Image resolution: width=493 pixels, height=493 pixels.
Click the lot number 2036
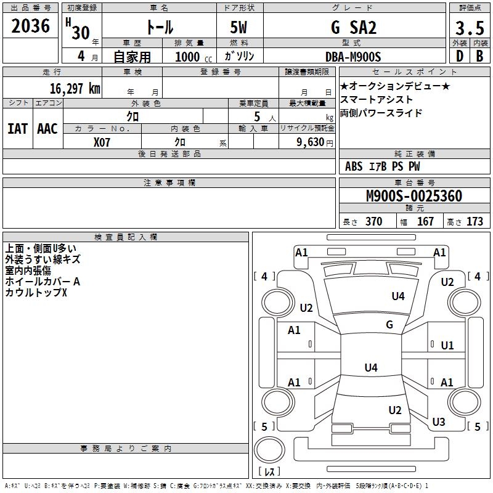coord(31,26)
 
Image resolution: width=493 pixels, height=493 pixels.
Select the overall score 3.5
coord(469,28)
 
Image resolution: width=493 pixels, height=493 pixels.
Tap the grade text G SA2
coord(354,28)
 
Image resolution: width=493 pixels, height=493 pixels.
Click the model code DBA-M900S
coord(354,57)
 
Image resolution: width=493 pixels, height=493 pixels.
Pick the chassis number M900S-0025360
coord(414,197)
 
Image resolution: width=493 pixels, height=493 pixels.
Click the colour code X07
coord(102,142)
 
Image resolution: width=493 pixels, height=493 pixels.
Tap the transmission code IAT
coord(17,129)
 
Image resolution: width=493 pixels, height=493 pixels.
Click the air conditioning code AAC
coord(47,129)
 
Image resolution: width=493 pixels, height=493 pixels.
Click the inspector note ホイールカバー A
coord(43,281)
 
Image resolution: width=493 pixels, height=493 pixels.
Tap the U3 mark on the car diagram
coord(438,422)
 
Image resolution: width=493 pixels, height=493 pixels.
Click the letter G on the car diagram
coord(389,325)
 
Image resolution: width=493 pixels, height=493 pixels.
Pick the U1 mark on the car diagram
coord(447,346)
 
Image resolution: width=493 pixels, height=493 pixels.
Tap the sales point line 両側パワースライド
coord(381,113)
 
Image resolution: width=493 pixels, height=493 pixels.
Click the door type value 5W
coord(240,28)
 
